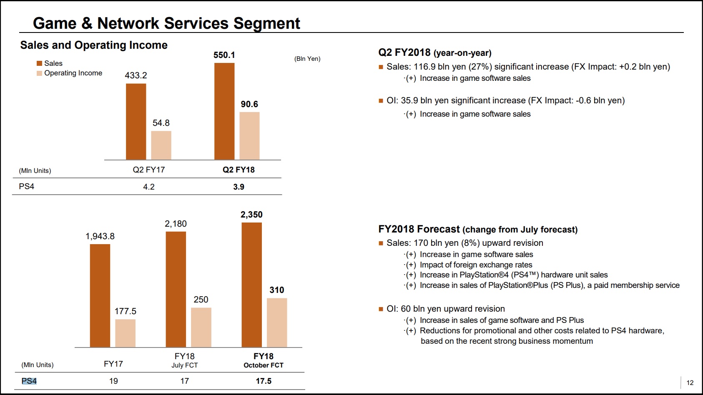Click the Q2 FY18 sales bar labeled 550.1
click(x=224, y=111)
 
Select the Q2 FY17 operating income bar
click(x=161, y=145)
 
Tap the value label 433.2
click(x=136, y=75)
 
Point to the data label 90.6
click(x=249, y=104)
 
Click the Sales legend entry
click(x=50, y=63)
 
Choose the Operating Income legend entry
click(x=69, y=73)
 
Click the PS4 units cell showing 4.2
click(x=149, y=187)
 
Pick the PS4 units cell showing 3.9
click(x=239, y=187)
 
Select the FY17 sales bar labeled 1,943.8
click(x=100, y=295)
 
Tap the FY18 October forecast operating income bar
click(x=277, y=322)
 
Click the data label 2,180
click(x=176, y=224)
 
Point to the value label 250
click(x=201, y=300)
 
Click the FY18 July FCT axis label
click(x=185, y=360)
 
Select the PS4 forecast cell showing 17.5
click(x=264, y=381)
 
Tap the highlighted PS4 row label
click(x=29, y=381)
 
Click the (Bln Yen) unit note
click(x=307, y=59)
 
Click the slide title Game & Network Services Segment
click(x=166, y=23)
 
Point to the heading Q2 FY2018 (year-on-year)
click(x=435, y=52)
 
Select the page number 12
click(x=690, y=382)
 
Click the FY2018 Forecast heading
click(x=478, y=229)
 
